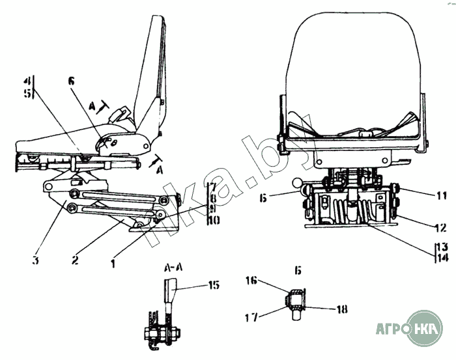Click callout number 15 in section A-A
[x=213, y=284]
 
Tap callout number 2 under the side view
[x=76, y=260]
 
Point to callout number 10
[x=214, y=221]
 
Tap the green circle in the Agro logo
[x=423, y=328]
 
